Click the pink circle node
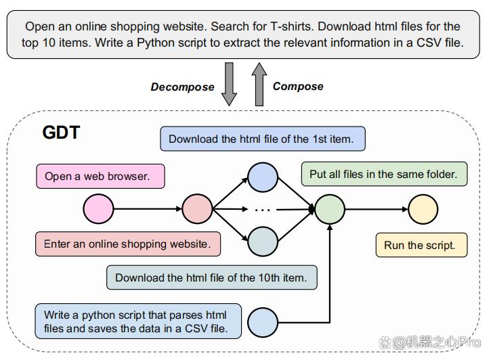click(98, 208)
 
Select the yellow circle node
click(423, 209)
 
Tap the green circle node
click(330, 209)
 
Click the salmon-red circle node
click(197, 208)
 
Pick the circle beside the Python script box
click(263, 322)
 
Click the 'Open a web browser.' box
click(100, 176)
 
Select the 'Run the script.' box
click(421, 245)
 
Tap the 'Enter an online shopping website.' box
click(128, 244)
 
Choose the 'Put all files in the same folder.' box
click(384, 174)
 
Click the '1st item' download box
click(263, 139)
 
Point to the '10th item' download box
click(212, 277)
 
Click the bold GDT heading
click(62, 133)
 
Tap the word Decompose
click(183, 87)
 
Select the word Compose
click(298, 87)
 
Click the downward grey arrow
click(229, 84)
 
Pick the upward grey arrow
click(259, 84)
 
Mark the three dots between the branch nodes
click(262, 210)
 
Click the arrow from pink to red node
click(148, 208)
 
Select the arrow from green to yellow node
click(377, 209)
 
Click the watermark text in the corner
click(429, 343)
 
